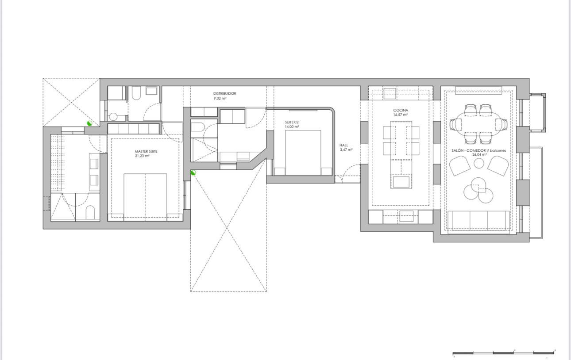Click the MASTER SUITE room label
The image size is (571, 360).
(146, 151)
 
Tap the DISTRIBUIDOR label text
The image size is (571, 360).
(224, 93)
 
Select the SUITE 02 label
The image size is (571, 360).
(292, 123)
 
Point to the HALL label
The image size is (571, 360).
(343, 145)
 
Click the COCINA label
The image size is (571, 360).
(401, 110)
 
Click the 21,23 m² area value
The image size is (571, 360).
(142, 156)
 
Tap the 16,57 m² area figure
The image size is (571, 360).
(400, 115)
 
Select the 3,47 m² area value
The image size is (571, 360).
(346, 150)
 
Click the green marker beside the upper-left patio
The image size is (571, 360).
(89, 123)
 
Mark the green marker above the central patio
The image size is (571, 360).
(193, 173)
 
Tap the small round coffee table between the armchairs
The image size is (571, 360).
(479, 163)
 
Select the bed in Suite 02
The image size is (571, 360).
(303, 153)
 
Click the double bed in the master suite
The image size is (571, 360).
(145, 197)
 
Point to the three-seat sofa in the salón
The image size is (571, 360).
(478, 220)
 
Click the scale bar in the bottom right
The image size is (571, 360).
(503, 353)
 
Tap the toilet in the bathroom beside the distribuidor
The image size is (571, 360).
(136, 93)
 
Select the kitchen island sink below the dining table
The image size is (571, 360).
(401, 182)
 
